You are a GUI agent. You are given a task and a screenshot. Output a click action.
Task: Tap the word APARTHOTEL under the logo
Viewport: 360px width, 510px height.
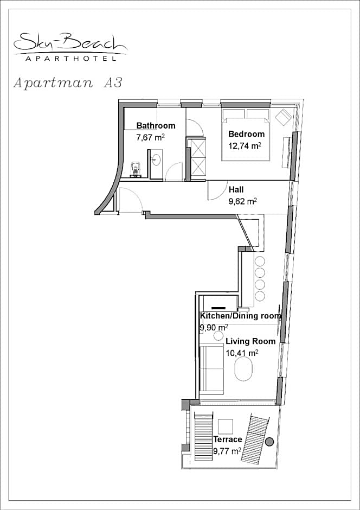click(x=71, y=59)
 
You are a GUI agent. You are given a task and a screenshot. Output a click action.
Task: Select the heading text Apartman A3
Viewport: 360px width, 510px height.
click(x=68, y=83)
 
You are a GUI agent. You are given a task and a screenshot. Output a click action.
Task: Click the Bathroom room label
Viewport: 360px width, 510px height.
click(x=156, y=125)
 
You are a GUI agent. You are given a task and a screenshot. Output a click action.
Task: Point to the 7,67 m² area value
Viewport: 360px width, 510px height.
click(x=150, y=137)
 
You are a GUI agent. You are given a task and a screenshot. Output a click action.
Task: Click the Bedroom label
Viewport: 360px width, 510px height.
click(x=246, y=133)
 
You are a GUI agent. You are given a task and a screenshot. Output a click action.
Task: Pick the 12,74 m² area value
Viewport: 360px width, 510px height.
click(x=245, y=145)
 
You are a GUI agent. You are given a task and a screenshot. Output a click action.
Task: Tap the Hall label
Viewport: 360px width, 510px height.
click(x=236, y=189)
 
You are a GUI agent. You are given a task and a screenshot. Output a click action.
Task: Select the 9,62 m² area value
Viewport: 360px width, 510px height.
click(x=243, y=201)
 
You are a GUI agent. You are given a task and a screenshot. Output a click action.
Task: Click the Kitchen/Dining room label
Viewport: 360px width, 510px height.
click(x=240, y=316)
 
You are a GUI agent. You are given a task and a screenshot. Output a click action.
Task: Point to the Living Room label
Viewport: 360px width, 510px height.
click(x=250, y=341)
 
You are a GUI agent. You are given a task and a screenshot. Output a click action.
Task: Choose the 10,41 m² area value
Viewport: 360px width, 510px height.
click(x=242, y=353)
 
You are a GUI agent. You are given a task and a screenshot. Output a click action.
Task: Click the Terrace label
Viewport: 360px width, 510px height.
click(x=228, y=439)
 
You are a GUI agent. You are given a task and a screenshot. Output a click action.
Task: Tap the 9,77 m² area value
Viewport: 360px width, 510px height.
click(x=227, y=451)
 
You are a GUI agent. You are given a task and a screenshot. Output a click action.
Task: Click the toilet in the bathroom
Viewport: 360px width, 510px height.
click(x=135, y=169)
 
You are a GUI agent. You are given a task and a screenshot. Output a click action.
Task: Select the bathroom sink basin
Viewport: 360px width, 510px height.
click(x=156, y=160)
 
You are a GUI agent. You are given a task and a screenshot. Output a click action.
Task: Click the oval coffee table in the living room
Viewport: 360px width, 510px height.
click(x=243, y=369)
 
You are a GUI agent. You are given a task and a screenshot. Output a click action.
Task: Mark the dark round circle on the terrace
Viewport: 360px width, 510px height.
click(x=269, y=442)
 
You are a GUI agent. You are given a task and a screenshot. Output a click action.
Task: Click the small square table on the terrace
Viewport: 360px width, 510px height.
click(x=226, y=426)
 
